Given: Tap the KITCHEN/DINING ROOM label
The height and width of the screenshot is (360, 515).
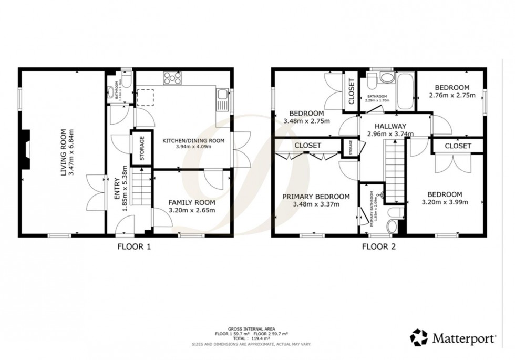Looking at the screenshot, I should (193, 140).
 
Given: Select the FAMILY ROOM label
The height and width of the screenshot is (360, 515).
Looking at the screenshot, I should (191, 202).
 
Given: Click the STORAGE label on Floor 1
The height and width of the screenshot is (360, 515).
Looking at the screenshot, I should (141, 148).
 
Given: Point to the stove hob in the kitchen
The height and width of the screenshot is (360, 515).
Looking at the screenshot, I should (172, 78).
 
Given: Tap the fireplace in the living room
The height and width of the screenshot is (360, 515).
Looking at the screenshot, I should (27, 150).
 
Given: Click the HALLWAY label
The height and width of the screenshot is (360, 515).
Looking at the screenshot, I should (390, 126).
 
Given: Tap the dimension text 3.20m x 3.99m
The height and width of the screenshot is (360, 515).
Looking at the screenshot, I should (445, 202).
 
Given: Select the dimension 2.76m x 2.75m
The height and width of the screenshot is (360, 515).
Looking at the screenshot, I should (452, 96).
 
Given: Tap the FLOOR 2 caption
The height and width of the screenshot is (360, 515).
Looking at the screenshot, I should (378, 245).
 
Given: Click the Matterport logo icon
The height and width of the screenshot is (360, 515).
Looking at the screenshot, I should (418, 337).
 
